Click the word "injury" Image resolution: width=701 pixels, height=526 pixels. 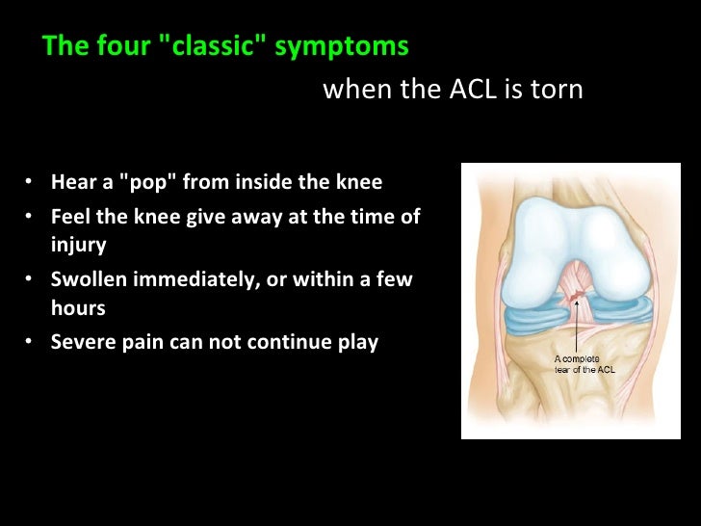click(x=78, y=245)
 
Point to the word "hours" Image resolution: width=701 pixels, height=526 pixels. click(x=78, y=308)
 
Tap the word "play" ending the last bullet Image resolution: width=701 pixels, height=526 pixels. click(x=357, y=342)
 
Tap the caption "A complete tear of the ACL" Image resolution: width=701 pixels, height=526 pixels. click(x=584, y=364)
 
